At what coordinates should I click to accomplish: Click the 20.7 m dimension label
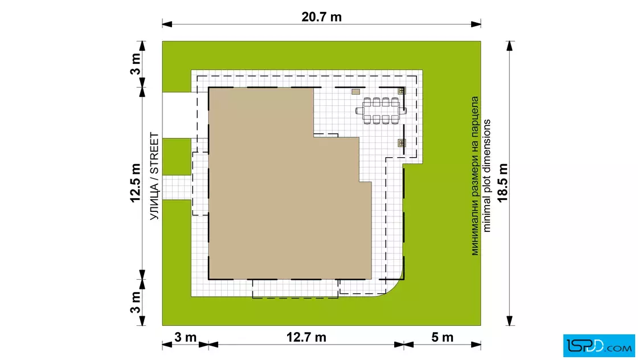point(321,17)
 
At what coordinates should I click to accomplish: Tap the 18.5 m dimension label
point(503,183)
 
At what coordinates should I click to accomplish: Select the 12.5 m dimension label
point(135,183)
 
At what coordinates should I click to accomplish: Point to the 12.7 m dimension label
point(306,337)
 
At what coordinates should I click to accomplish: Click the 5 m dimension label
point(442,337)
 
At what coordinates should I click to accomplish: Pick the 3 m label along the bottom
point(186,337)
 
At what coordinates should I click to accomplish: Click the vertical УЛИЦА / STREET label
point(154,176)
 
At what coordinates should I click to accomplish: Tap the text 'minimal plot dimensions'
point(486,176)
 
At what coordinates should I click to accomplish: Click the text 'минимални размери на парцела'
point(475,176)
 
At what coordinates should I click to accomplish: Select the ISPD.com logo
point(599,346)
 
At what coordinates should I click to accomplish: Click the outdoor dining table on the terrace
point(381,111)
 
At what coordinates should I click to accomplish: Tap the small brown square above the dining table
point(355,92)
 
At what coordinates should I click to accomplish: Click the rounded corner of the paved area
point(395,288)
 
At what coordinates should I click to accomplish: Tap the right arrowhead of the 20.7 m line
point(476,24)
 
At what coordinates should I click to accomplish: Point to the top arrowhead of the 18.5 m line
point(510,46)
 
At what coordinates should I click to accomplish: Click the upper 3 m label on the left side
point(135,64)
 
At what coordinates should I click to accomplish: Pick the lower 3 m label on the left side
point(135,302)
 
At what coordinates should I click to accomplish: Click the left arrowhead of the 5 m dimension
point(409,345)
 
